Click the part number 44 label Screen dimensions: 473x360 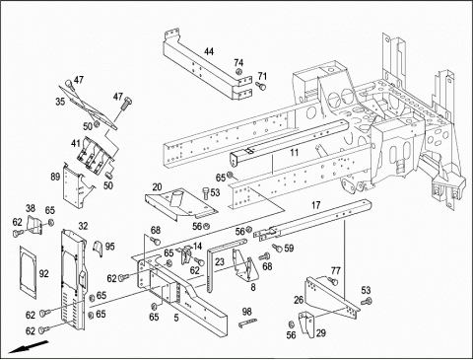pyautogui.click(x=209, y=51)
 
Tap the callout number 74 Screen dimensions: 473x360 pyautogui.click(x=238, y=63)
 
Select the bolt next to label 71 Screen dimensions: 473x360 pyautogui.click(x=261, y=86)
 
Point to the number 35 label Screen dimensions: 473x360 pyautogui.click(x=60, y=102)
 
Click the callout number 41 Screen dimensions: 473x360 pyautogui.click(x=76, y=144)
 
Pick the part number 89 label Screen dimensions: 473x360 pyautogui.click(x=55, y=177)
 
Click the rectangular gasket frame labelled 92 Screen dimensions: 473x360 pyautogui.click(x=28, y=272)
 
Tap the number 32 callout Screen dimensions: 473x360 pyautogui.click(x=83, y=226)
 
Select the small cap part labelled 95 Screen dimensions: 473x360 pyautogui.click(x=99, y=249)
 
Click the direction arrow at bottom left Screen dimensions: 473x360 pyautogui.click(x=29, y=347)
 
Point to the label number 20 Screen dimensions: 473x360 pyautogui.click(x=158, y=187)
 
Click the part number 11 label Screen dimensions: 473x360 pyautogui.click(x=295, y=152)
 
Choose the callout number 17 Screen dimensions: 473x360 pyautogui.click(x=315, y=205)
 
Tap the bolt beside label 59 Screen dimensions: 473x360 pyautogui.click(x=277, y=248)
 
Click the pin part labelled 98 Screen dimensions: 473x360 pyautogui.click(x=247, y=323)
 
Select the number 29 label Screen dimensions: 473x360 pyautogui.click(x=320, y=333)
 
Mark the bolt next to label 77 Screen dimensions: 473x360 pyautogui.click(x=333, y=281)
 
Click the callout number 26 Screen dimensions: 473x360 pyautogui.click(x=299, y=300)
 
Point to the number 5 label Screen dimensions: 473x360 pyautogui.click(x=176, y=318)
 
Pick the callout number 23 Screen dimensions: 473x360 pyautogui.click(x=220, y=262)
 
